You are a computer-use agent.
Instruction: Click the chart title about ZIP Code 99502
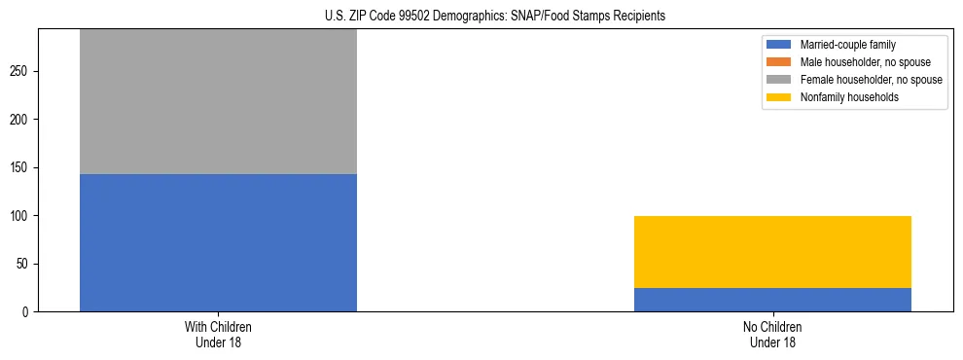click(x=495, y=17)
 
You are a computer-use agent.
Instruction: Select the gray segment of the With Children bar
click(x=218, y=101)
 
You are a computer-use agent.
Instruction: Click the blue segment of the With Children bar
click(x=218, y=242)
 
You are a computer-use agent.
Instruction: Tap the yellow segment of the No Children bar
click(x=772, y=252)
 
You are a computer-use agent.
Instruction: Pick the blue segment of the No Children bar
click(x=772, y=300)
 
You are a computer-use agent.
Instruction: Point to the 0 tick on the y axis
click(x=27, y=311)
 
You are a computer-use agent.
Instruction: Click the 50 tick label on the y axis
click(x=24, y=264)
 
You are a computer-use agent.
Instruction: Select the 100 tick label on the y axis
click(x=21, y=216)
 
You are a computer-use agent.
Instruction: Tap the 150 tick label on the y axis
click(x=21, y=167)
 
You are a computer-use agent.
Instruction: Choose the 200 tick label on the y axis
click(x=21, y=120)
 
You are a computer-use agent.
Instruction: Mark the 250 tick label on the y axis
click(x=21, y=72)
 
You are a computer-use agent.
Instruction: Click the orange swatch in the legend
click(x=779, y=62)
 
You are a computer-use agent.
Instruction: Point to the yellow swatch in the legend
click(x=779, y=97)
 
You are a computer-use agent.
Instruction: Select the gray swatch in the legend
click(x=779, y=80)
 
